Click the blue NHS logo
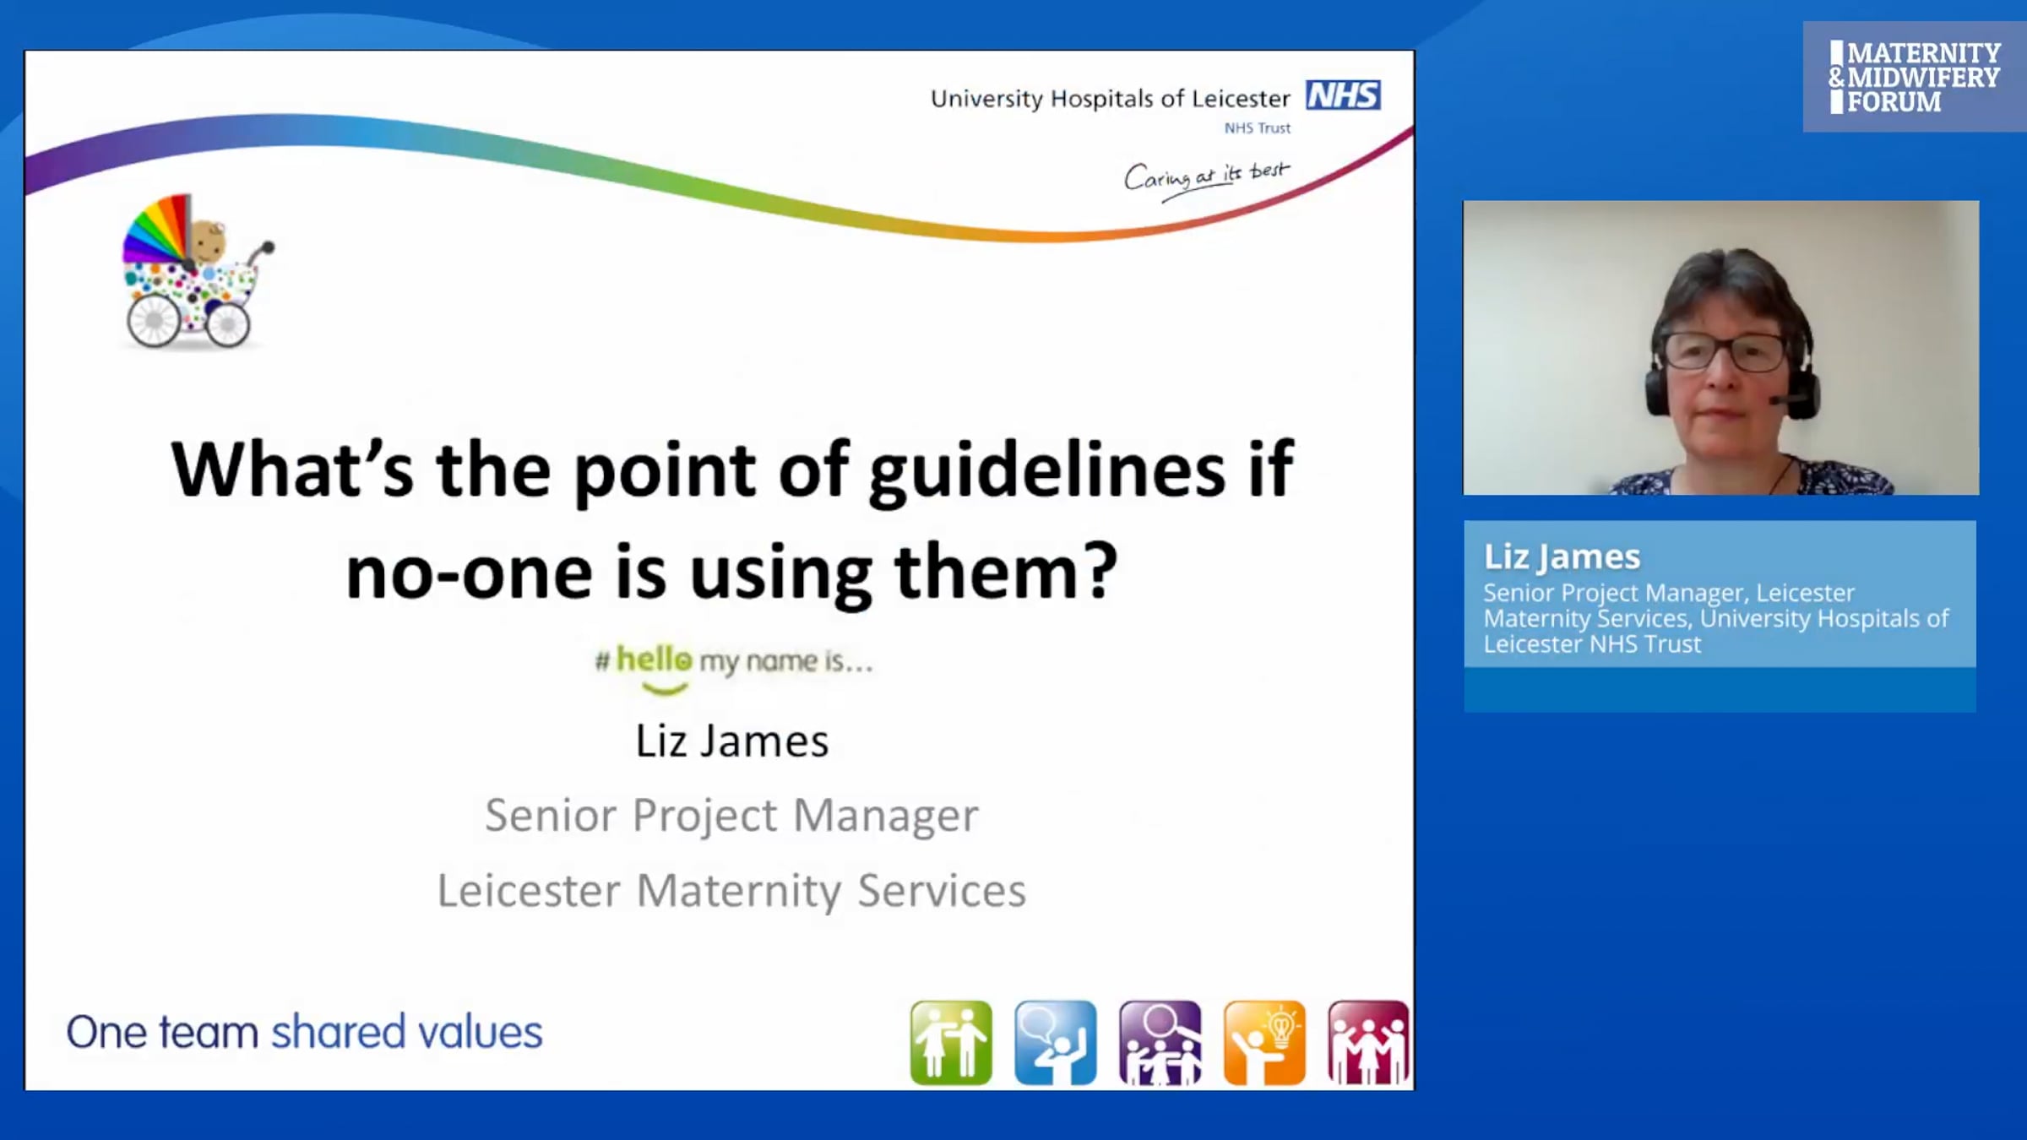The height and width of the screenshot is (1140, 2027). (x=1343, y=95)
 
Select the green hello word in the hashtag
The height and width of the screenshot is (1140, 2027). (x=654, y=659)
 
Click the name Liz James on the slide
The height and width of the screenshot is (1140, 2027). (x=732, y=741)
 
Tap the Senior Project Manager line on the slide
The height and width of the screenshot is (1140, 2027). (x=732, y=816)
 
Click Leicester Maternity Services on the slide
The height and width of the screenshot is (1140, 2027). (x=732, y=891)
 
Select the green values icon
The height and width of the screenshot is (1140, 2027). (x=951, y=1043)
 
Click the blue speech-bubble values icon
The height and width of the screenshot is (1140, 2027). (x=1056, y=1043)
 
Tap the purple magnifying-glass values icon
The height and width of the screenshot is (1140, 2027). (x=1160, y=1043)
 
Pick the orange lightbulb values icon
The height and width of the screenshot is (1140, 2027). (x=1264, y=1043)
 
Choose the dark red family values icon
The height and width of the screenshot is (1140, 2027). (x=1368, y=1043)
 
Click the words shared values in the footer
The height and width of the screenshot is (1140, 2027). (x=406, y=1033)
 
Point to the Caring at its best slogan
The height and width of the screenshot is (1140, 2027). (x=1207, y=177)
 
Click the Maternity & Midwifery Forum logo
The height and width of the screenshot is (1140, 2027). (x=1914, y=77)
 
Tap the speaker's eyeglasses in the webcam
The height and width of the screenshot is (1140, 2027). (x=1725, y=351)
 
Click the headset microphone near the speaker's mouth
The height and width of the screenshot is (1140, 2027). (x=1784, y=399)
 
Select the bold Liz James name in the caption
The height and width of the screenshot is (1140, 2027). (x=1562, y=557)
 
